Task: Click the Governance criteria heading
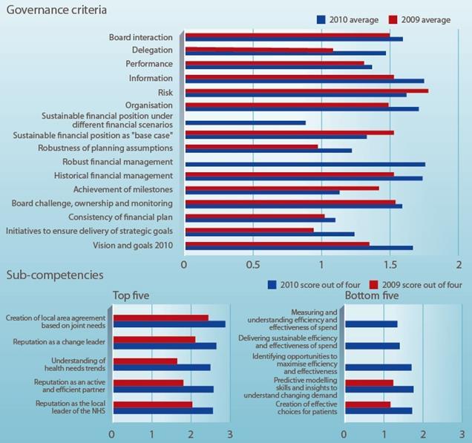pyautogui.click(x=56, y=10)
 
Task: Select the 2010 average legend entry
pyautogui.click(x=347, y=20)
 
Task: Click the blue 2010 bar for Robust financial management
pyautogui.click(x=305, y=164)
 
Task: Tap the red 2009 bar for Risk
pyautogui.click(x=307, y=91)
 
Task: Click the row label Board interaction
pyautogui.click(x=140, y=38)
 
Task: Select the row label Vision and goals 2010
pyautogui.click(x=132, y=246)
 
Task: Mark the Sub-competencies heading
pyautogui.click(x=55, y=275)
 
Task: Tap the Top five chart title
pyautogui.click(x=131, y=296)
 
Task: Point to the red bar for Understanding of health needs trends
pyautogui.click(x=145, y=361)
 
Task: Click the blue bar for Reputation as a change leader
pyautogui.click(x=165, y=346)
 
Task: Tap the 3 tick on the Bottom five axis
pyautogui.click(x=462, y=435)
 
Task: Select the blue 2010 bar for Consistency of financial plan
pyautogui.click(x=260, y=220)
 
